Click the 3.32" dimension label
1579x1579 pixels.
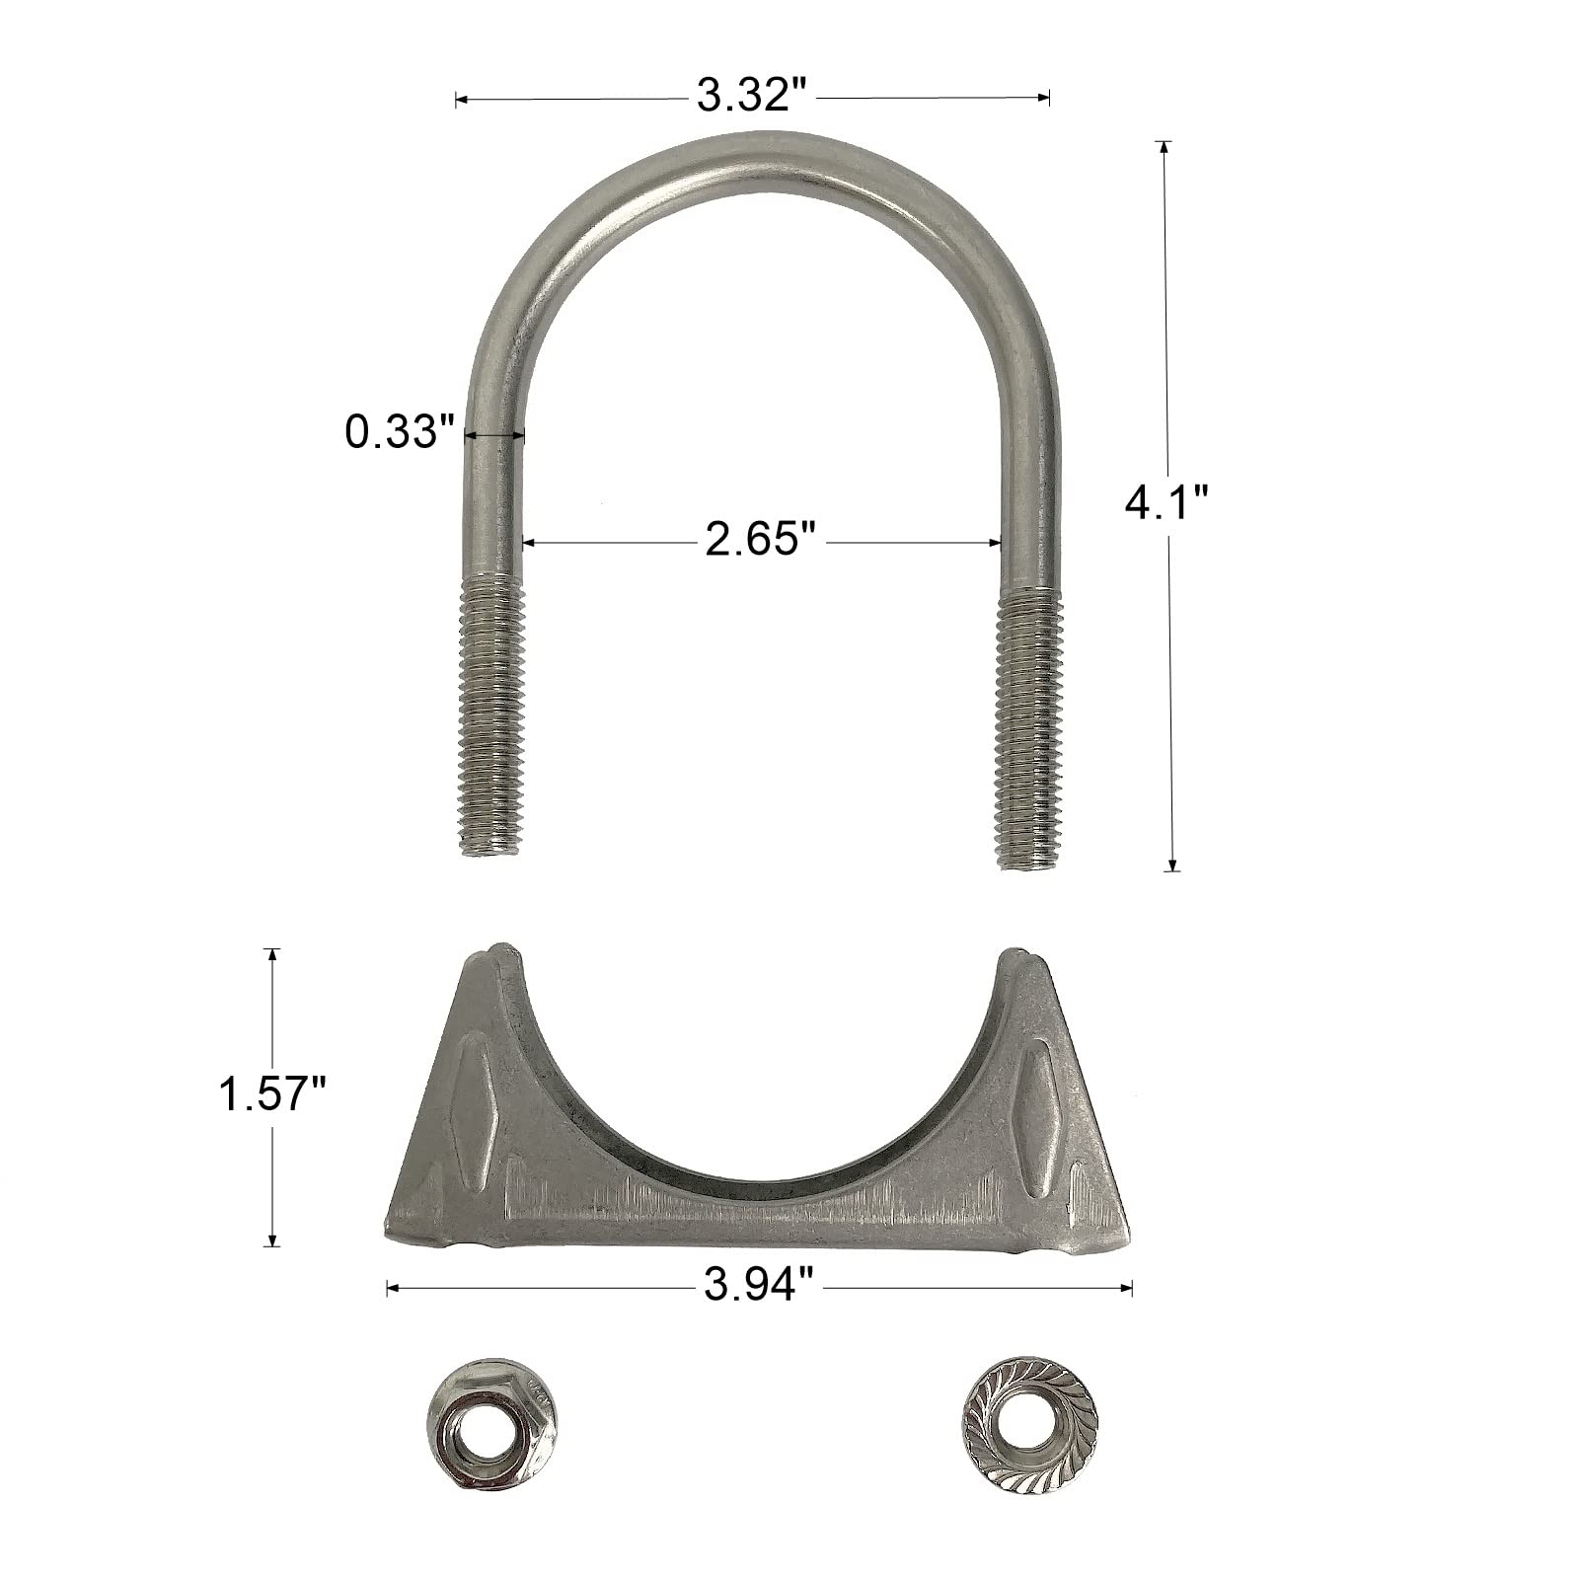click(x=752, y=97)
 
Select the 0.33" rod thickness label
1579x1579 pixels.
click(x=398, y=432)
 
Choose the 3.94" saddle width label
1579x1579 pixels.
click(x=759, y=1287)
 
